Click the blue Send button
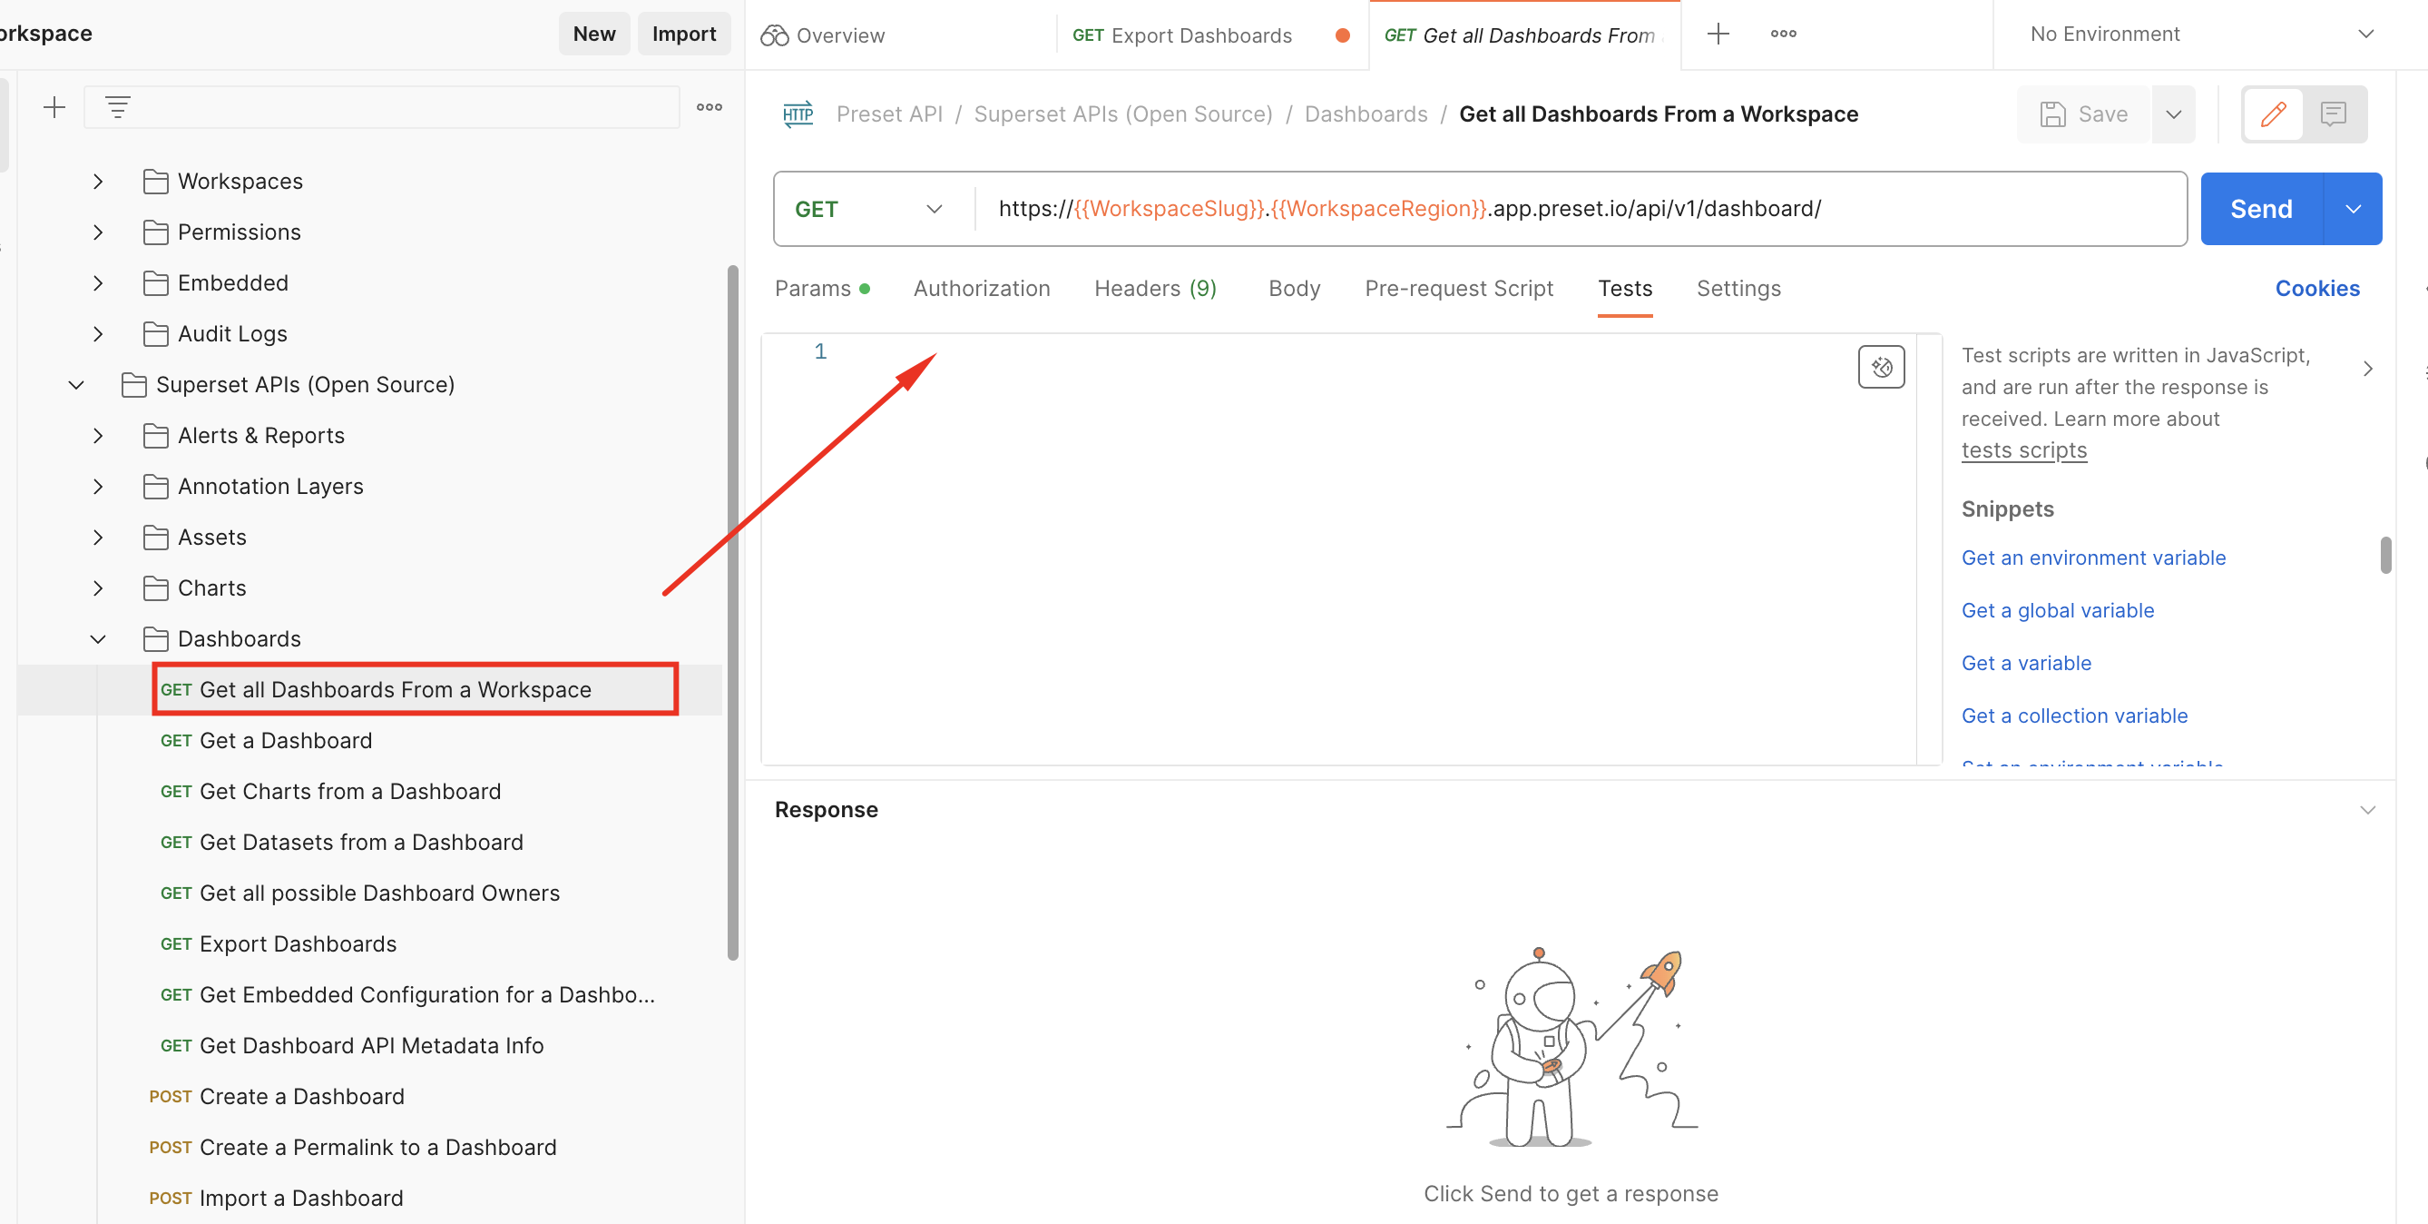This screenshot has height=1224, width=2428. click(2260, 210)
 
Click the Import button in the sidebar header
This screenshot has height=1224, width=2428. click(683, 34)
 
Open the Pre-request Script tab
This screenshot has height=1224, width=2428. click(1458, 289)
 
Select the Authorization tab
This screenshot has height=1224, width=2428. click(981, 289)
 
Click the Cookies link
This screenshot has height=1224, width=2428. click(2316, 289)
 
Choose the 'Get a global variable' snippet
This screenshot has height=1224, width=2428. click(2058, 610)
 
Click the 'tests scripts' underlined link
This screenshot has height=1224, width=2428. click(2023, 450)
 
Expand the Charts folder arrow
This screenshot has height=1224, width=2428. click(98, 588)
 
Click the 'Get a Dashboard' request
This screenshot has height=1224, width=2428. click(286, 740)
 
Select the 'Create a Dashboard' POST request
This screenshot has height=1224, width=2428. click(301, 1097)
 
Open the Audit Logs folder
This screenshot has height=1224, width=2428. click(232, 334)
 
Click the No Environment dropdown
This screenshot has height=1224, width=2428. click(2199, 34)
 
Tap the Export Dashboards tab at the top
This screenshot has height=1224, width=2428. click(1199, 35)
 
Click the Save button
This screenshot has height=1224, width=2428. click(2084, 114)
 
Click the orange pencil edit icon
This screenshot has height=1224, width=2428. click(2273, 114)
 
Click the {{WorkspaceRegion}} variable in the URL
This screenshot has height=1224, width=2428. click(1378, 209)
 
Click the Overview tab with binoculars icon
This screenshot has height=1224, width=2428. click(823, 35)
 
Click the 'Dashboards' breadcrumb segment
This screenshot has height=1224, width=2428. click(1365, 114)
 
